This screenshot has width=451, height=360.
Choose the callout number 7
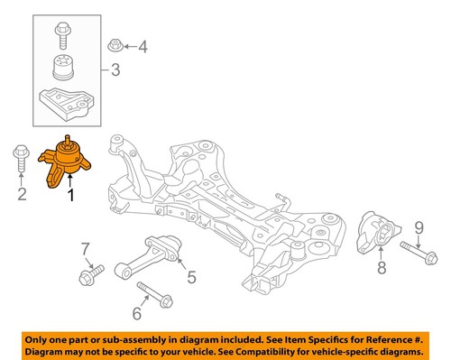pos(85,248)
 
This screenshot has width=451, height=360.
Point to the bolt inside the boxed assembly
pos(64,33)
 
